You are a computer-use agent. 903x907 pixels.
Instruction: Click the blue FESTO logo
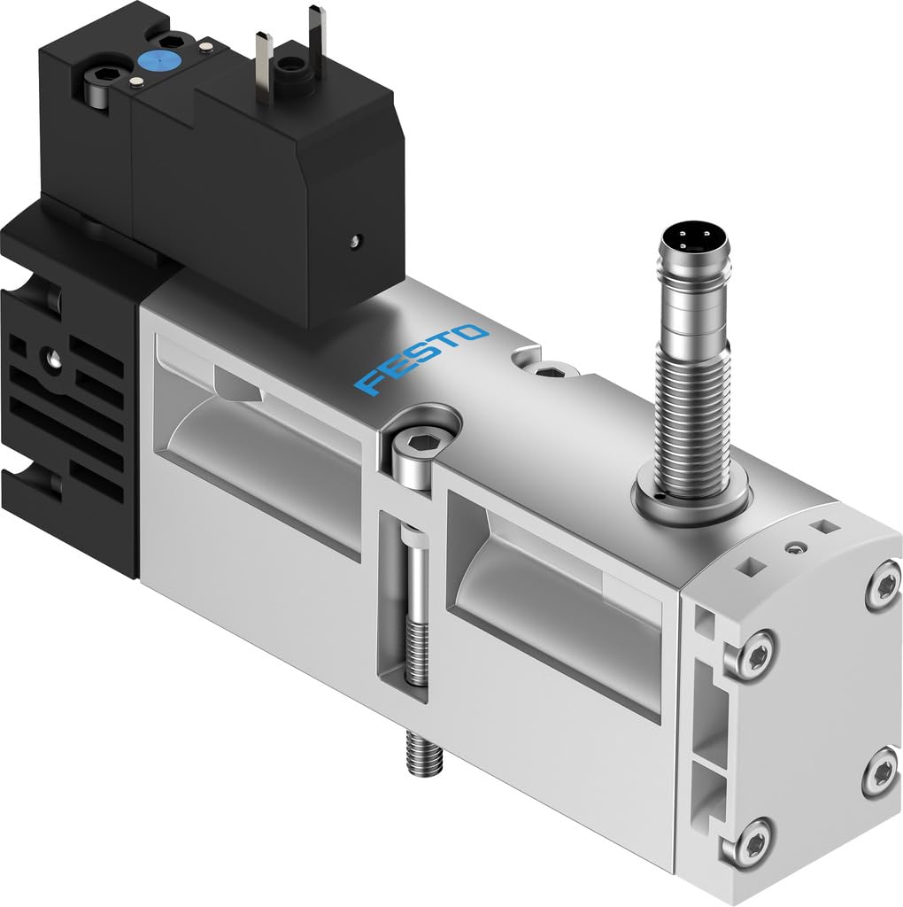tap(421, 358)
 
